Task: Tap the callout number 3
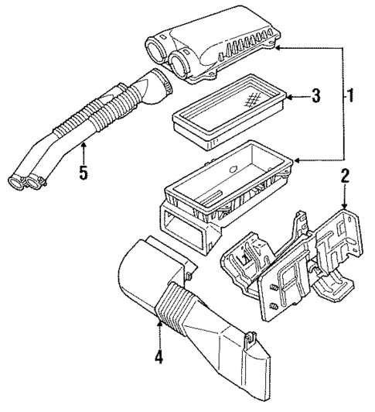pos(315,97)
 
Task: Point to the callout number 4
pos(159,357)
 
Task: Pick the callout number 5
pos(82,172)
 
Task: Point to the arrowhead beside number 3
pos(288,97)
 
